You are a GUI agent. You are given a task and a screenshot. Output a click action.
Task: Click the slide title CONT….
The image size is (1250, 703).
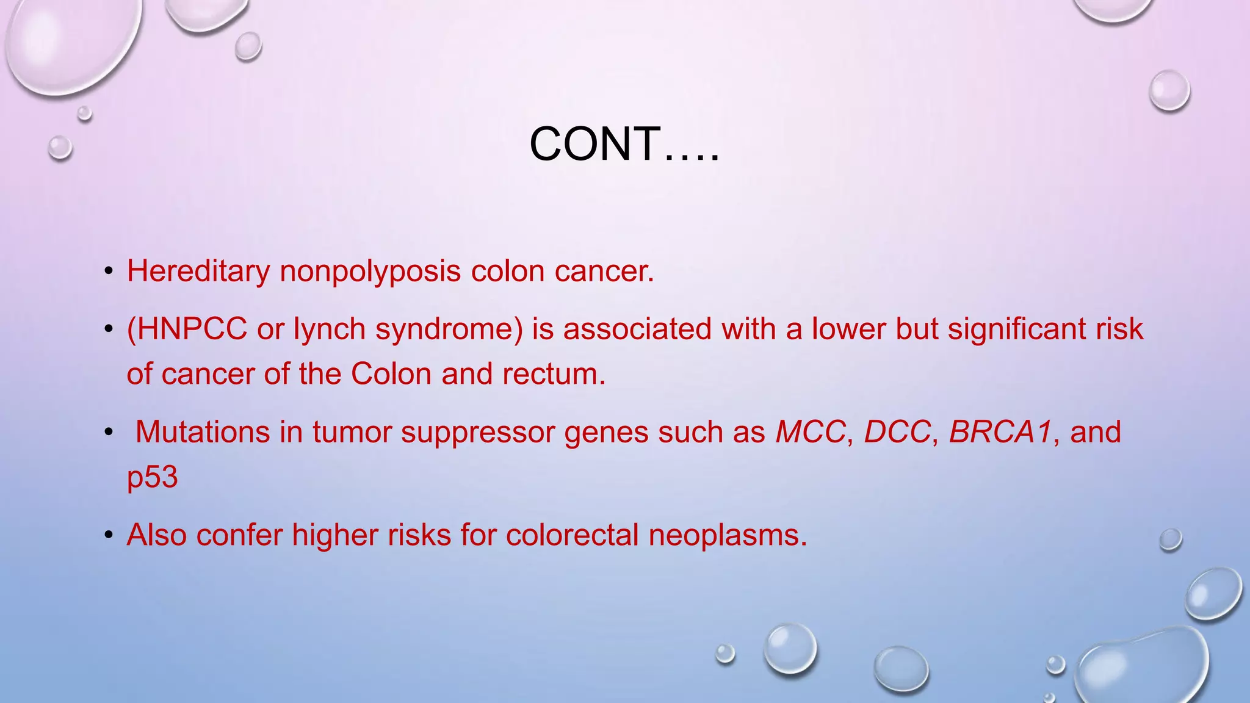(x=624, y=145)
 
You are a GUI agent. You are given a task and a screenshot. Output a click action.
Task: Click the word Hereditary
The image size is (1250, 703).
(x=198, y=271)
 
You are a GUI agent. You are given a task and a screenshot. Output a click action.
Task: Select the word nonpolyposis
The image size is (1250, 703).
(x=370, y=271)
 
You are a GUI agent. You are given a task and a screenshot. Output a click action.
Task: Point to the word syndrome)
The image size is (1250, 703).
(x=449, y=330)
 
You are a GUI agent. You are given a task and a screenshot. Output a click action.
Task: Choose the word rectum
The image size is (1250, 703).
(x=554, y=374)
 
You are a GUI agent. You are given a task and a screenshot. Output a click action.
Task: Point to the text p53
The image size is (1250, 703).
(x=152, y=477)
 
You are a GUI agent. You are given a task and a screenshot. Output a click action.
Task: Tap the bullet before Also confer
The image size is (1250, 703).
(x=109, y=536)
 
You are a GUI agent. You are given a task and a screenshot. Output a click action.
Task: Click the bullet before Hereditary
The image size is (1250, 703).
(x=109, y=272)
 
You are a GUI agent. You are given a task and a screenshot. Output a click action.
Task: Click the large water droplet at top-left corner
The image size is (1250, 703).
(x=70, y=43)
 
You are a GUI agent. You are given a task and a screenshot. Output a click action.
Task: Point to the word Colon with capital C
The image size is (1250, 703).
(x=391, y=374)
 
